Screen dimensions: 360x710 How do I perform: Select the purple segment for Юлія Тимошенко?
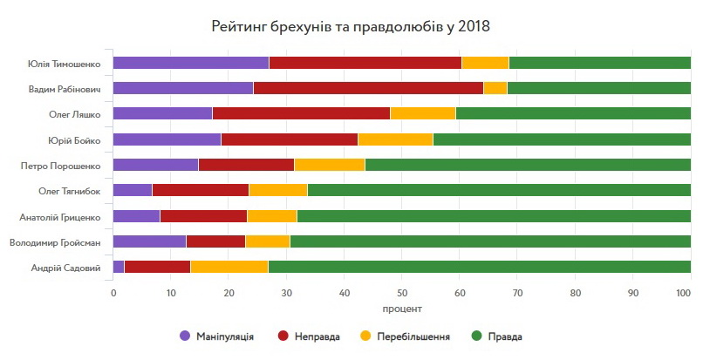(191, 63)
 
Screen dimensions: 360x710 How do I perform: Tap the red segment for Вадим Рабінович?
(368, 88)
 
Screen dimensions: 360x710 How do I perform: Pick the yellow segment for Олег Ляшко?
(423, 113)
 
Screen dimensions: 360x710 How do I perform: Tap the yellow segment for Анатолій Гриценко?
(272, 216)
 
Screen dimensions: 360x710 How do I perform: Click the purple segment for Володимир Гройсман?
(149, 241)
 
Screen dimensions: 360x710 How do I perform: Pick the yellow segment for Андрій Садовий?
(229, 268)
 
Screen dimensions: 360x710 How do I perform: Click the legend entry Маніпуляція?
(216, 336)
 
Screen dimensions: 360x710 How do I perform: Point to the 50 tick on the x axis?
(402, 293)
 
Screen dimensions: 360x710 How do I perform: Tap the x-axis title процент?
(402, 309)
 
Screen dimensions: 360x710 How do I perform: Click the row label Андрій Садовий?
(65, 268)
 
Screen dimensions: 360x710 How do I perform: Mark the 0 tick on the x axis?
(113, 293)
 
